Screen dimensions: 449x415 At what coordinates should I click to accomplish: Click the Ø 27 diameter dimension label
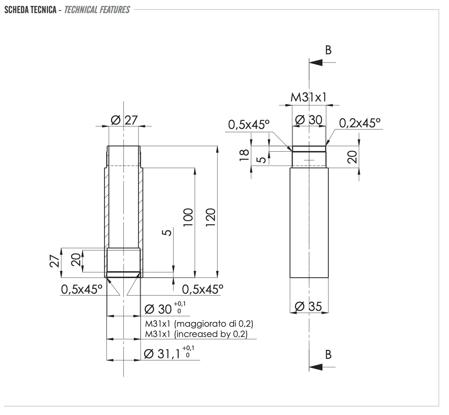pyautogui.click(x=124, y=120)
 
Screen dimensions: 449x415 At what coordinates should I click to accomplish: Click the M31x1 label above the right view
pyautogui.click(x=309, y=98)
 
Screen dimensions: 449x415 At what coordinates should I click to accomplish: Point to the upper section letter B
pyautogui.click(x=328, y=50)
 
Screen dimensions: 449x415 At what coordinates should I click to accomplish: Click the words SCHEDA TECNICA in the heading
pyautogui.click(x=30, y=10)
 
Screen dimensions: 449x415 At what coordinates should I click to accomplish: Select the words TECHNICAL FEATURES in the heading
pyautogui.click(x=97, y=10)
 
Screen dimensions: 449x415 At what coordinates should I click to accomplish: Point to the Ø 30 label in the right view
pyautogui.click(x=309, y=120)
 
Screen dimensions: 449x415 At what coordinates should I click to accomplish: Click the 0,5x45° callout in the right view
pyautogui.click(x=249, y=125)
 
